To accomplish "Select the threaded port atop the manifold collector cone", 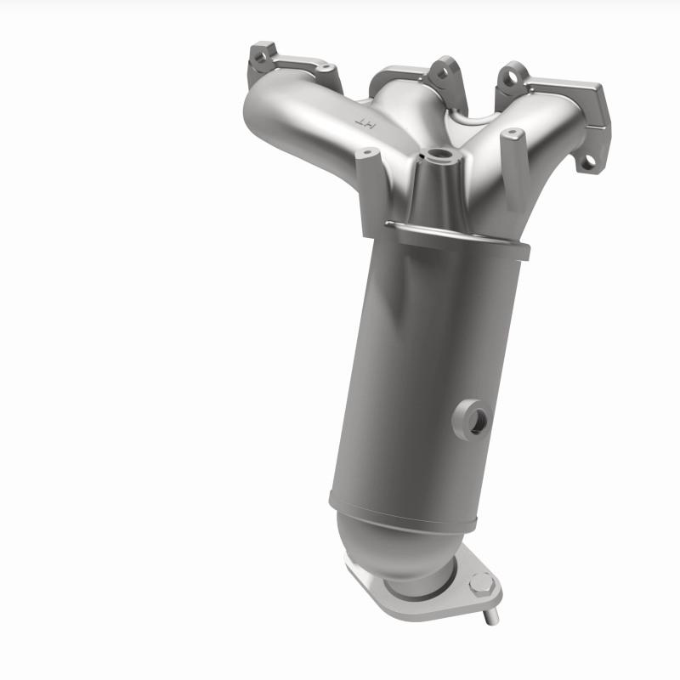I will (440, 156).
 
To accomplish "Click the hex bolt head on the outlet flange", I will (481, 583).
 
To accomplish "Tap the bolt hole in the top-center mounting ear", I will (440, 72).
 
